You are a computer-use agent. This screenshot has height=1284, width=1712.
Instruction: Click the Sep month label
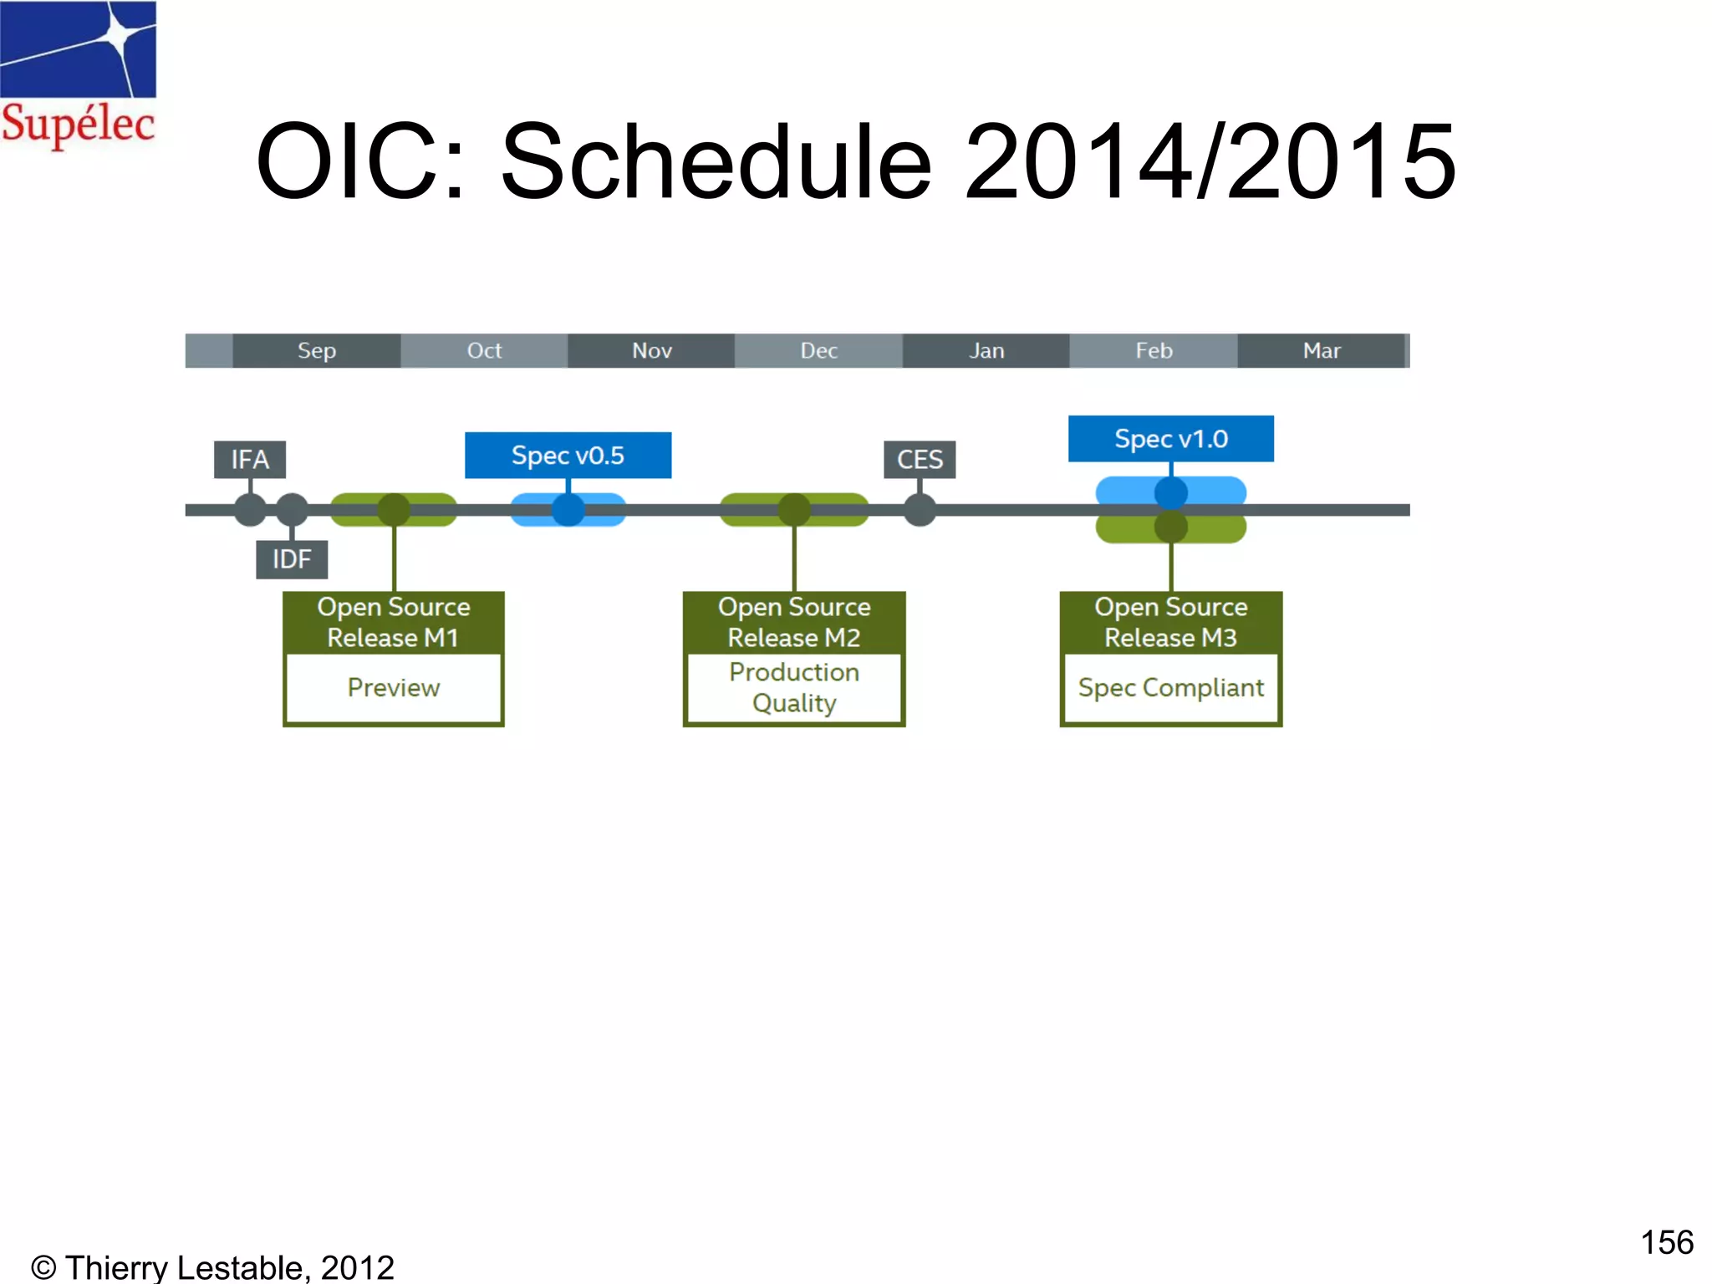click(317, 350)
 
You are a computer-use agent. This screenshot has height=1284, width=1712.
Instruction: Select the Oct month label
click(484, 350)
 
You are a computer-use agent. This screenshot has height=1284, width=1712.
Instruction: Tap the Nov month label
click(651, 350)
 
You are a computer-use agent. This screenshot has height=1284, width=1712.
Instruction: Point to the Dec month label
click(818, 350)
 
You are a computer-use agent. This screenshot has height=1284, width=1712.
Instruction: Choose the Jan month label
click(986, 350)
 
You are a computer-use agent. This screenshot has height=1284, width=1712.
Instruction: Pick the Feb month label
click(1154, 350)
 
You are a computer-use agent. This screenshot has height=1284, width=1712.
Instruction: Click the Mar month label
click(1322, 350)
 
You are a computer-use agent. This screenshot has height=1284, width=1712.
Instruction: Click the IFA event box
click(250, 459)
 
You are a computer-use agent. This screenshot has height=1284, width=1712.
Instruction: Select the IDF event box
click(292, 558)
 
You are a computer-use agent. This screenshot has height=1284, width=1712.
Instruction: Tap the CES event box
click(920, 459)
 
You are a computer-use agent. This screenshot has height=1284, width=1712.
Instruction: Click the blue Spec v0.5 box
click(568, 455)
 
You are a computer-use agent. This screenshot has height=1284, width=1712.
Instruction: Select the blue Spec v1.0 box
click(1170, 438)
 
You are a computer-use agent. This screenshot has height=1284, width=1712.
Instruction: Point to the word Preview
click(393, 687)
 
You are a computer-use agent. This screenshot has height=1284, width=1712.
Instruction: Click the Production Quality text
click(794, 687)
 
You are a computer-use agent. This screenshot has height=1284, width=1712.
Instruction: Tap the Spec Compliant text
click(1170, 687)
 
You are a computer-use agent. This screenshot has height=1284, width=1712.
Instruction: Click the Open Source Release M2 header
click(794, 622)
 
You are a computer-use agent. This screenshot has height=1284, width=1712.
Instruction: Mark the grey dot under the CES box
click(920, 509)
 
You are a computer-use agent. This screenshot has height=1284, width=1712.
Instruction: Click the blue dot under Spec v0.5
click(568, 509)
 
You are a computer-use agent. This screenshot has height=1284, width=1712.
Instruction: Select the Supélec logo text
click(78, 124)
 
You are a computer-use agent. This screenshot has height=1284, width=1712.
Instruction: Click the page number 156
click(1666, 1242)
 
